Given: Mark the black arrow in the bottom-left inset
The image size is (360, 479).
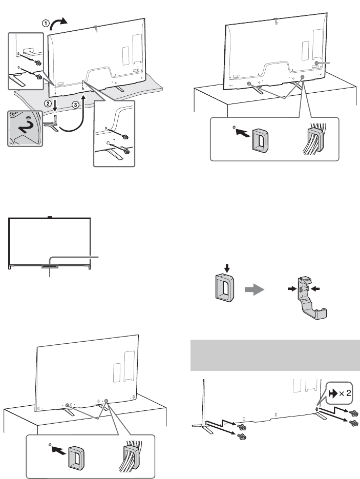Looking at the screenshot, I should click(x=58, y=451).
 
